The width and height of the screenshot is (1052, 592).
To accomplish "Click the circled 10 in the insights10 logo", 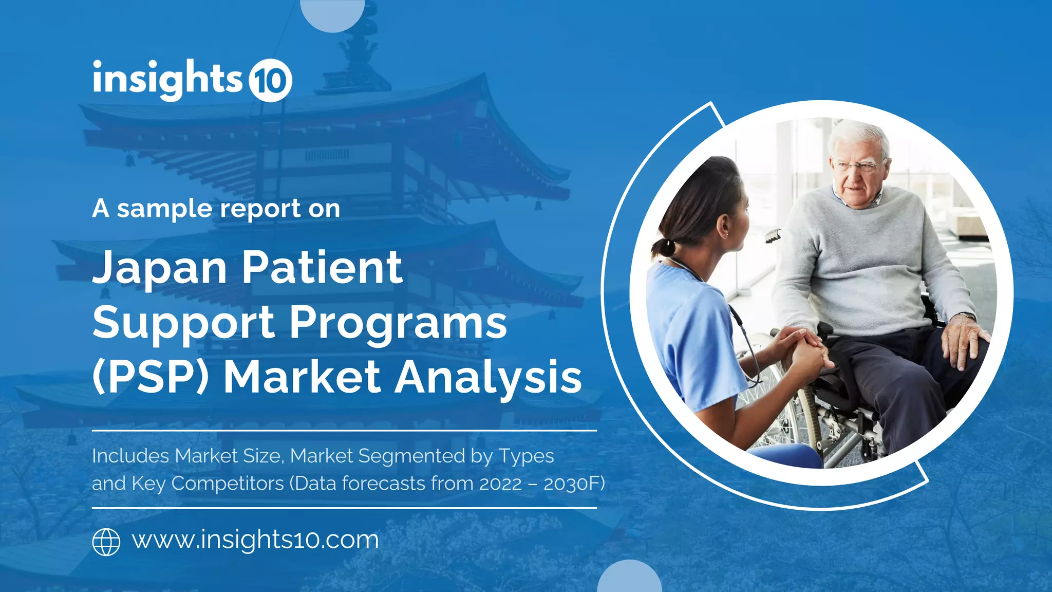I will (x=270, y=80).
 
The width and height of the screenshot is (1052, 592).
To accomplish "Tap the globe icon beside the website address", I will (x=106, y=542).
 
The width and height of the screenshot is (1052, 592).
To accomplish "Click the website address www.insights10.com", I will (x=255, y=540).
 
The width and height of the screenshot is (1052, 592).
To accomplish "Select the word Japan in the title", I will (x=160, y=268).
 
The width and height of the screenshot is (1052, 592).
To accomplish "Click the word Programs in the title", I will (x=398, y=323).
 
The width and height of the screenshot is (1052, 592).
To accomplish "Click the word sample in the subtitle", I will (x=164, y=209).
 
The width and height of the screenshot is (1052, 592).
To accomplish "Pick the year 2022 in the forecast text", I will (x=500, y=484).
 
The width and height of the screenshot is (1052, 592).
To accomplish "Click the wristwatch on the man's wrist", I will (x=967, y=316).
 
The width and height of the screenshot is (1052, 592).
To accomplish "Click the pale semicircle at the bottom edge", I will (x=629, y=578).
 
